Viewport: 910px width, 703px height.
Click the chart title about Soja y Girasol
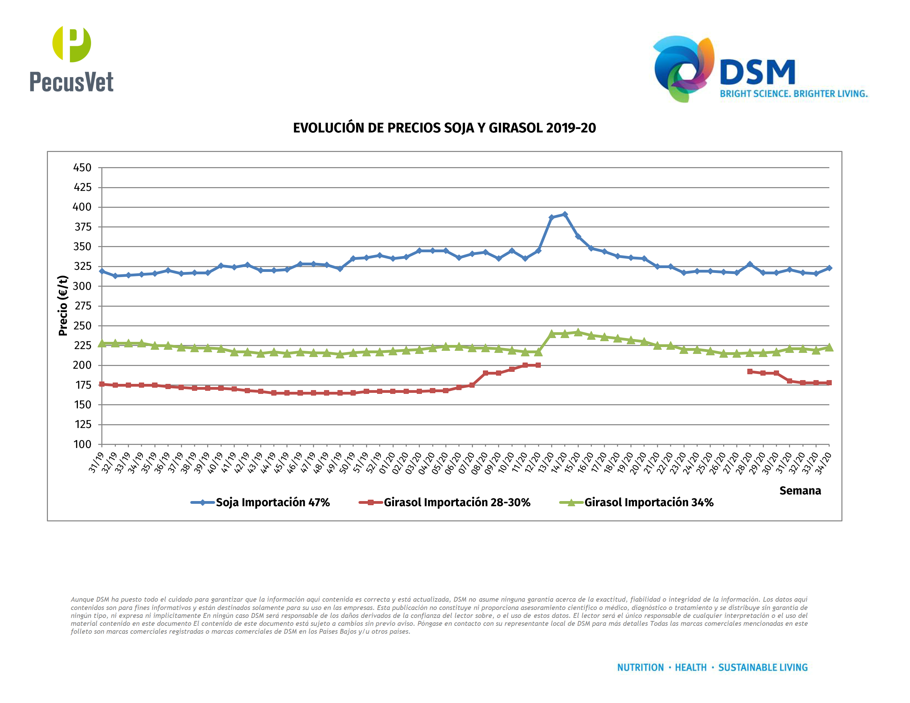[x=444, y=128]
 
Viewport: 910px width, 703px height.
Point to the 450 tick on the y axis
[x=82, y=168]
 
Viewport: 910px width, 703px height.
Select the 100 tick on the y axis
[x=82, y=445]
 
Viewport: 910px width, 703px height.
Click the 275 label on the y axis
[x=82, y=306]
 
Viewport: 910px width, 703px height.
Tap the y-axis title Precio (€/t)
[x=63, y=306]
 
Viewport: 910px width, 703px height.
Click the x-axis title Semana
[x=800, y=491]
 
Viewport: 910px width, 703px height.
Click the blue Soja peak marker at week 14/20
[x=565, y=214]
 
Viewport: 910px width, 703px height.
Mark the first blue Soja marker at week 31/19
[x=102, y=271]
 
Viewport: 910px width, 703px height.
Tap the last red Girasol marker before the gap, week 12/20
[x=538, y=365]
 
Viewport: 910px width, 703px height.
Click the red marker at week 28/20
[x=750, y=371]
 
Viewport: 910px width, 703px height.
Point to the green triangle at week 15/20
[x=578, y=332]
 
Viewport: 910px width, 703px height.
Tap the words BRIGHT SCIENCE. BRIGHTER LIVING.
[x=794, y=94]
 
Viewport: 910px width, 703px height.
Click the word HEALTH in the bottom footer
[x=690, y=668]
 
